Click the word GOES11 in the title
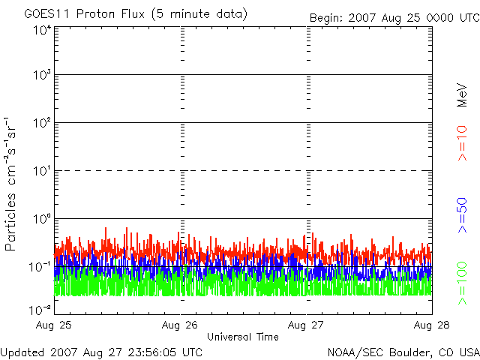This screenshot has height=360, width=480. coord(47,14)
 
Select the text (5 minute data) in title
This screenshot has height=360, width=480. coord(199,14)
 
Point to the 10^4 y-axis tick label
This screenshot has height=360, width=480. coord(42,30)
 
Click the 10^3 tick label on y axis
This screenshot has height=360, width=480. coord(42,74)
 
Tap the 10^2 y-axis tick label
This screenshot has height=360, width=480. coord(42,123)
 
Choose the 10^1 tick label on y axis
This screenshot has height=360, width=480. coord(42,171)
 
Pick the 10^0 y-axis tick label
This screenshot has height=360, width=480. coord(42,219)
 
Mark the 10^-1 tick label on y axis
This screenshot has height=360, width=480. coord(40,267)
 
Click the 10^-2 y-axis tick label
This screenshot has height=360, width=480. coord(40,310)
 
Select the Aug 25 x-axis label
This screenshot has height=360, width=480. coord(53,325)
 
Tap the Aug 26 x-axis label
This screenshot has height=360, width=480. coord(180,325)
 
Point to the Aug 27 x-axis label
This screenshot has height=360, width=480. coord(305,325)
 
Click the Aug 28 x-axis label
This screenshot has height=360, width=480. coord(432,325)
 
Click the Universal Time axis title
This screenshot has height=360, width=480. coord(243,337)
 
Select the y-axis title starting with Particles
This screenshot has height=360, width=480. coord(10,184)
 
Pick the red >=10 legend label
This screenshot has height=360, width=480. coord(462,143)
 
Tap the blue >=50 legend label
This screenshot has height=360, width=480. coord(462,215)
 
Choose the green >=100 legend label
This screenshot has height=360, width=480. coord(462,283)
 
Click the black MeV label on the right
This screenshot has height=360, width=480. coord(462,95)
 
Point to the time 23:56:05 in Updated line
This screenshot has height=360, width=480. coord(153,352)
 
